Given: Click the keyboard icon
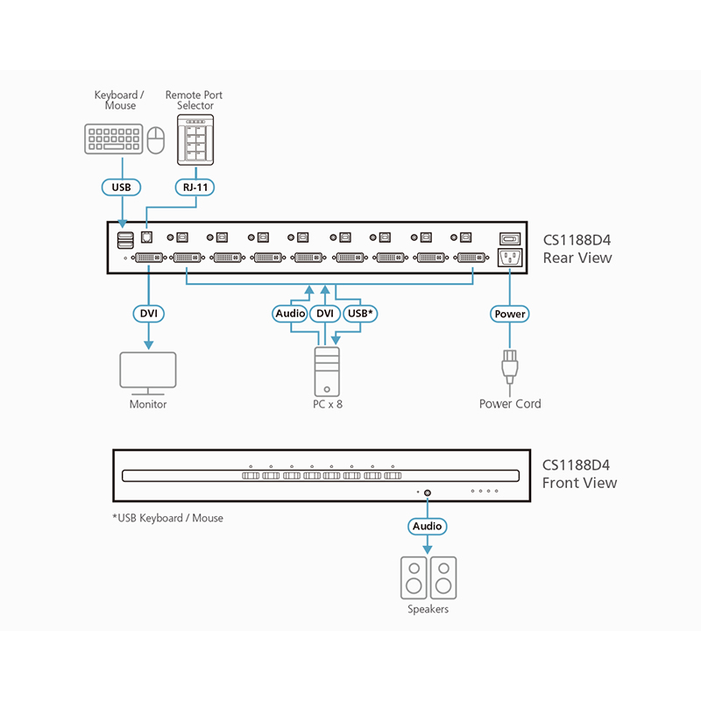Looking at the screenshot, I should [x=112, y=139].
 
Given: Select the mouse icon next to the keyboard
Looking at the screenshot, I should [x=155, y=139].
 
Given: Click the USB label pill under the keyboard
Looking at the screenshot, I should [x=120, y=187].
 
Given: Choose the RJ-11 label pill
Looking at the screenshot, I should [x=195, y=187].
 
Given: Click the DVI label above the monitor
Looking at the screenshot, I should [x=147, y=313].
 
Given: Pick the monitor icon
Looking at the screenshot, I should [x=147, y=373].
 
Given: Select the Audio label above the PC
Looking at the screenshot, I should [x=290, y=313].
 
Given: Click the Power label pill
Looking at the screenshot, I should [x=510, y=314].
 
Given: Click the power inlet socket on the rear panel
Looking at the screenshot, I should [x=510, y=258].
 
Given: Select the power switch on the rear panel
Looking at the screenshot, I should [x=510, y=237].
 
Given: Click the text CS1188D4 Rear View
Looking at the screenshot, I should [x=577, y=249].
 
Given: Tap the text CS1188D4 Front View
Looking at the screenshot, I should [x=579, y=474].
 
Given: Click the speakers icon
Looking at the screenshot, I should [x=428, y=578].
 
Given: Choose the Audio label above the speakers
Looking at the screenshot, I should [x=428, y=527].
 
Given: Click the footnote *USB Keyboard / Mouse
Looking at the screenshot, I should [x=167, y=518].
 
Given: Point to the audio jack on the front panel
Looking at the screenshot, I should [x=428, y=492].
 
